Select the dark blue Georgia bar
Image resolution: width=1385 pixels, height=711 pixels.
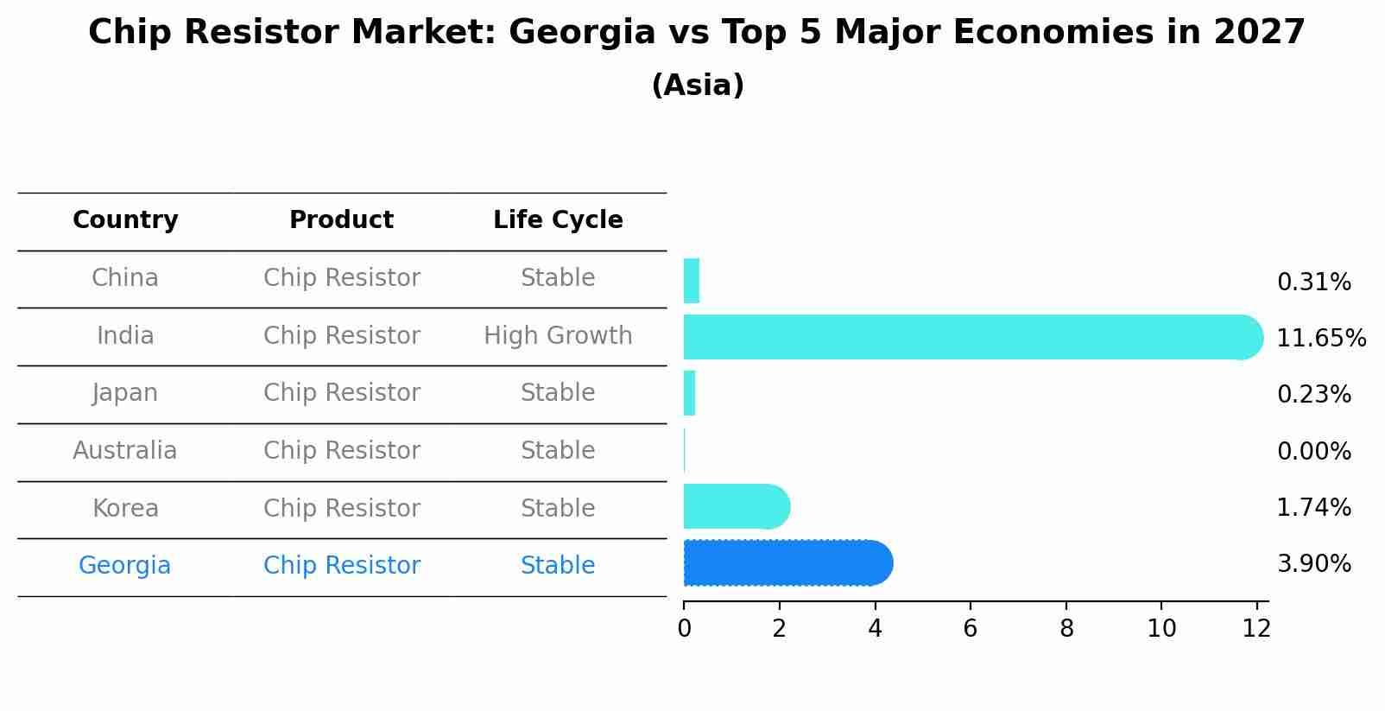(x=786, y=563)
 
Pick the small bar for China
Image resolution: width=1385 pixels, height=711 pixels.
(x=691, y=281)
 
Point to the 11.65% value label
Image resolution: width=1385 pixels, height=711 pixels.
(x=1320, y=338)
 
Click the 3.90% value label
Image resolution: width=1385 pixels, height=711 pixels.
(x=1313, y=564)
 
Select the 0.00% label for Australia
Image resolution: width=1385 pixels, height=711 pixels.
(x=1313, y=451)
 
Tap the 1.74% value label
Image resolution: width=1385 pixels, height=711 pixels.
(x=1313, y=507)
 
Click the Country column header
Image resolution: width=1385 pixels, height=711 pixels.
(x=125, y=220)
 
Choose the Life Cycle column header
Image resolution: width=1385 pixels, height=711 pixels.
(x=558, y=220)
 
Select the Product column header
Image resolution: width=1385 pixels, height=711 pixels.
(x=341, y=220)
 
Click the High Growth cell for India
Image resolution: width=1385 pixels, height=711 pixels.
(x=558, y=335)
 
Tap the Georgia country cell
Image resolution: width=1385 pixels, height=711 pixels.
(x=125, y=565)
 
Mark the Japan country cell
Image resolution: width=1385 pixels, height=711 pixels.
(x=125, y=393)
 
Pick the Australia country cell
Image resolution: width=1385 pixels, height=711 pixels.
(x=125, y=450)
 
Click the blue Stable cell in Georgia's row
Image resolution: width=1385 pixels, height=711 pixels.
(x=558, y=565)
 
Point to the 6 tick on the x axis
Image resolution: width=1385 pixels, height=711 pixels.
(x=971, y=628)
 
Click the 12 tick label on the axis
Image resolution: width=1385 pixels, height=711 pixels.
(x=1256, y=628)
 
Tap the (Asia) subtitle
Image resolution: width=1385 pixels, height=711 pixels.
(x=698, y=86)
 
